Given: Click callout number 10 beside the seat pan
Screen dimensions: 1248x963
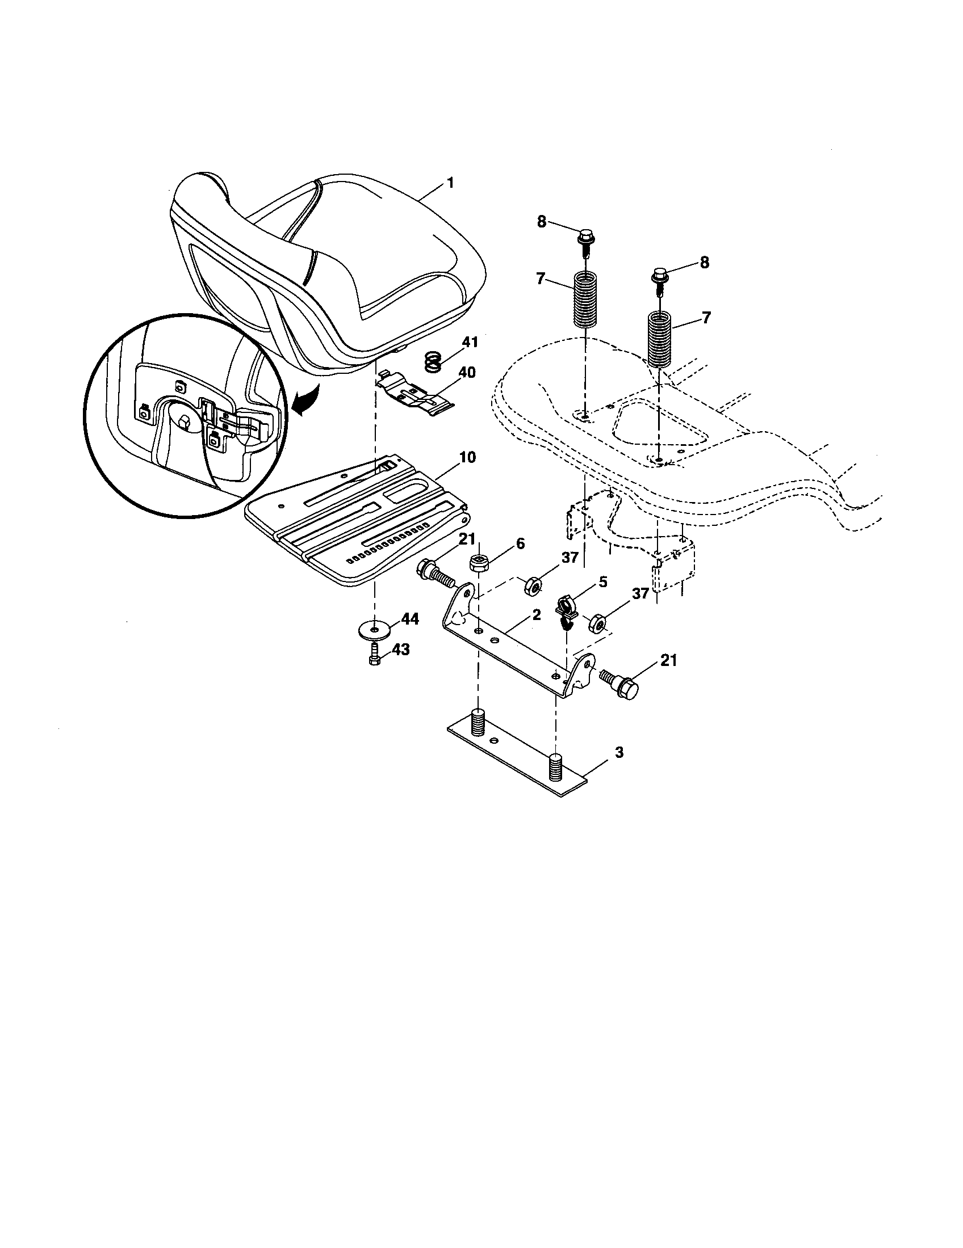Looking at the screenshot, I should [x=467, y=458].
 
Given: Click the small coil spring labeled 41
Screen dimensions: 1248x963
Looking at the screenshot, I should [x=434, y=361].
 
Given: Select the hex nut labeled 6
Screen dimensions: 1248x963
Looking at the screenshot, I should [x=478, y=564].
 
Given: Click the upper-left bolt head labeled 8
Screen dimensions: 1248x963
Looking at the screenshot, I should [x=586, y=236].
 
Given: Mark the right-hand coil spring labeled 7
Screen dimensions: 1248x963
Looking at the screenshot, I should [x=661, y=340].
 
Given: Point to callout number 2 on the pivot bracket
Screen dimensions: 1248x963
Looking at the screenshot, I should [x=536, y=615].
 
